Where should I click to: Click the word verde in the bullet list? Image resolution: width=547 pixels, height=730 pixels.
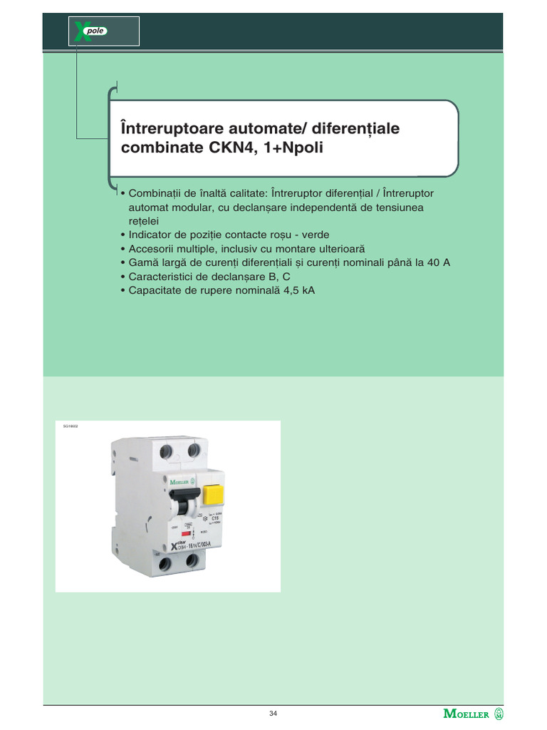[x=315, y=235]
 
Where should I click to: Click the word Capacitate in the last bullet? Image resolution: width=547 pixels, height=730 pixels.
[x=155, y=290]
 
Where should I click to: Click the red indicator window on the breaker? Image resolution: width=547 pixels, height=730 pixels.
[x=185, y=533]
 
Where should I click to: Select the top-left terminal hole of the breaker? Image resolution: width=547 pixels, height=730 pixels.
[x=165, y=451]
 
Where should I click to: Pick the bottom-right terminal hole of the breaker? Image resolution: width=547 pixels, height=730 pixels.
[x=192, y=561]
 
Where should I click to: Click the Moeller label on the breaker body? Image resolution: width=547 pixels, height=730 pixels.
[x=182, y=482]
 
